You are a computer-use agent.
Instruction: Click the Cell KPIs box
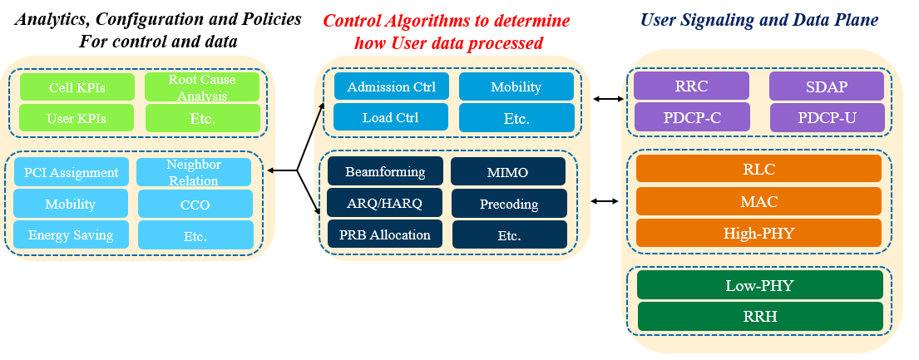[x=77, y=86]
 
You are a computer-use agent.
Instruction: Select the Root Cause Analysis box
[x=202, y=86]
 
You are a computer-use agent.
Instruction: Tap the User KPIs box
[x=77, y=118]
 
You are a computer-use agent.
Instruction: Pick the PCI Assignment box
[x=71, y=172]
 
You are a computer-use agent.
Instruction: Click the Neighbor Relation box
[x=194, y=172]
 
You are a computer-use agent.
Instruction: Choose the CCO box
[x=195, y=204]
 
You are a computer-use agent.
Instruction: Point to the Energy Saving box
[x=71, y=234]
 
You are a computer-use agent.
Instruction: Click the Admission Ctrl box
[x=392, y=86]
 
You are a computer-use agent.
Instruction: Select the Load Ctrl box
[x=391, y=116]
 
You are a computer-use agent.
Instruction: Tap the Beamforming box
[x=385, y=171]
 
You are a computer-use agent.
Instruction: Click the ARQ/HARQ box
[x=384, y=203]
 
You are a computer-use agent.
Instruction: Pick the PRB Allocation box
[x=385, y=234]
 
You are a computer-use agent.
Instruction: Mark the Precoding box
[x=509, y=204]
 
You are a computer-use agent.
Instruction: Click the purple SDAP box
[x=827, y=86]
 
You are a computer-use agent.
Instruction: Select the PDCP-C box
[x=692, y=116]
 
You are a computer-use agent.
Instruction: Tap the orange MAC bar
[x=759, y=201]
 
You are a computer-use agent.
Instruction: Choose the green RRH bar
[x=760, y=316]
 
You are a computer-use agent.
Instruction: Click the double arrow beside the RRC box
[x=605, y=99]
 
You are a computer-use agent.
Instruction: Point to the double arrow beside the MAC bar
[x=605, y=202]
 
